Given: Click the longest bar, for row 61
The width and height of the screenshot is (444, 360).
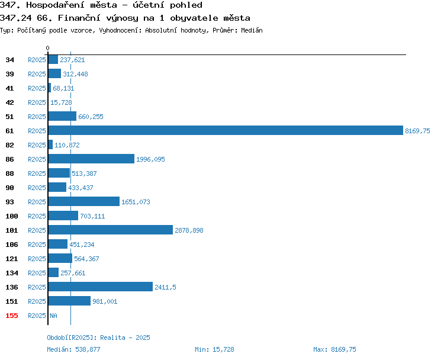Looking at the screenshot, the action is tap(226, 131).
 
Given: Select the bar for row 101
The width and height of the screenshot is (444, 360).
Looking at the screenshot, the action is tap(111, 230).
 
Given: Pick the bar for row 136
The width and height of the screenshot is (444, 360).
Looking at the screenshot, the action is tap(101, 287).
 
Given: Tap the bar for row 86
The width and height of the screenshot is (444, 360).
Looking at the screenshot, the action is tap(91, 159).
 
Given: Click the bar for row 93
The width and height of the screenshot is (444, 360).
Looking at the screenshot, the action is tap(84, 201).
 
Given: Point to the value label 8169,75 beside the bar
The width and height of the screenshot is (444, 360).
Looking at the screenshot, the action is tap(417, 131).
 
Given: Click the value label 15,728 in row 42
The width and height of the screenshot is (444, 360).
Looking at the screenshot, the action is tap(61, 102).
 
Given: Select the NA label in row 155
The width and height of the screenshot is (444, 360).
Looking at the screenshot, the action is tap(53, 316).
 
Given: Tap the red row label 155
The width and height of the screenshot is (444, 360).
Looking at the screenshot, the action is tap(12, 316).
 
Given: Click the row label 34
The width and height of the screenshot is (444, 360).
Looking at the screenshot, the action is tap(9, 60).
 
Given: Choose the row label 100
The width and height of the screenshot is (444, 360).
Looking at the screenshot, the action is tap(12, 216).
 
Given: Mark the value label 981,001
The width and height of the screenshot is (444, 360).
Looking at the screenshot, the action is tap(105, 301).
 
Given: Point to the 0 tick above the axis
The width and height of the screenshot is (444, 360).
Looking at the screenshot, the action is tap(47, 48).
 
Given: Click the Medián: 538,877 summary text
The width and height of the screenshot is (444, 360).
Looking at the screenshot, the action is tap(73, 349).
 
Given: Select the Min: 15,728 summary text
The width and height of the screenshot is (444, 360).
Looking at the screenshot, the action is tap(214, 349).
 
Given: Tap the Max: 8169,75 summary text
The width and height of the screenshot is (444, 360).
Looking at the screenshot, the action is tap(334, 349).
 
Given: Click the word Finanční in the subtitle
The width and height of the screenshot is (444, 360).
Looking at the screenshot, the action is tap(79, 18).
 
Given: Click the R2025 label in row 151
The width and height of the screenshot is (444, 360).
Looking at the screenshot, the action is tap(37, 301).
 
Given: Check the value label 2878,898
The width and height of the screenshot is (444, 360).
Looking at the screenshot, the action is tap(189, 230).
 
